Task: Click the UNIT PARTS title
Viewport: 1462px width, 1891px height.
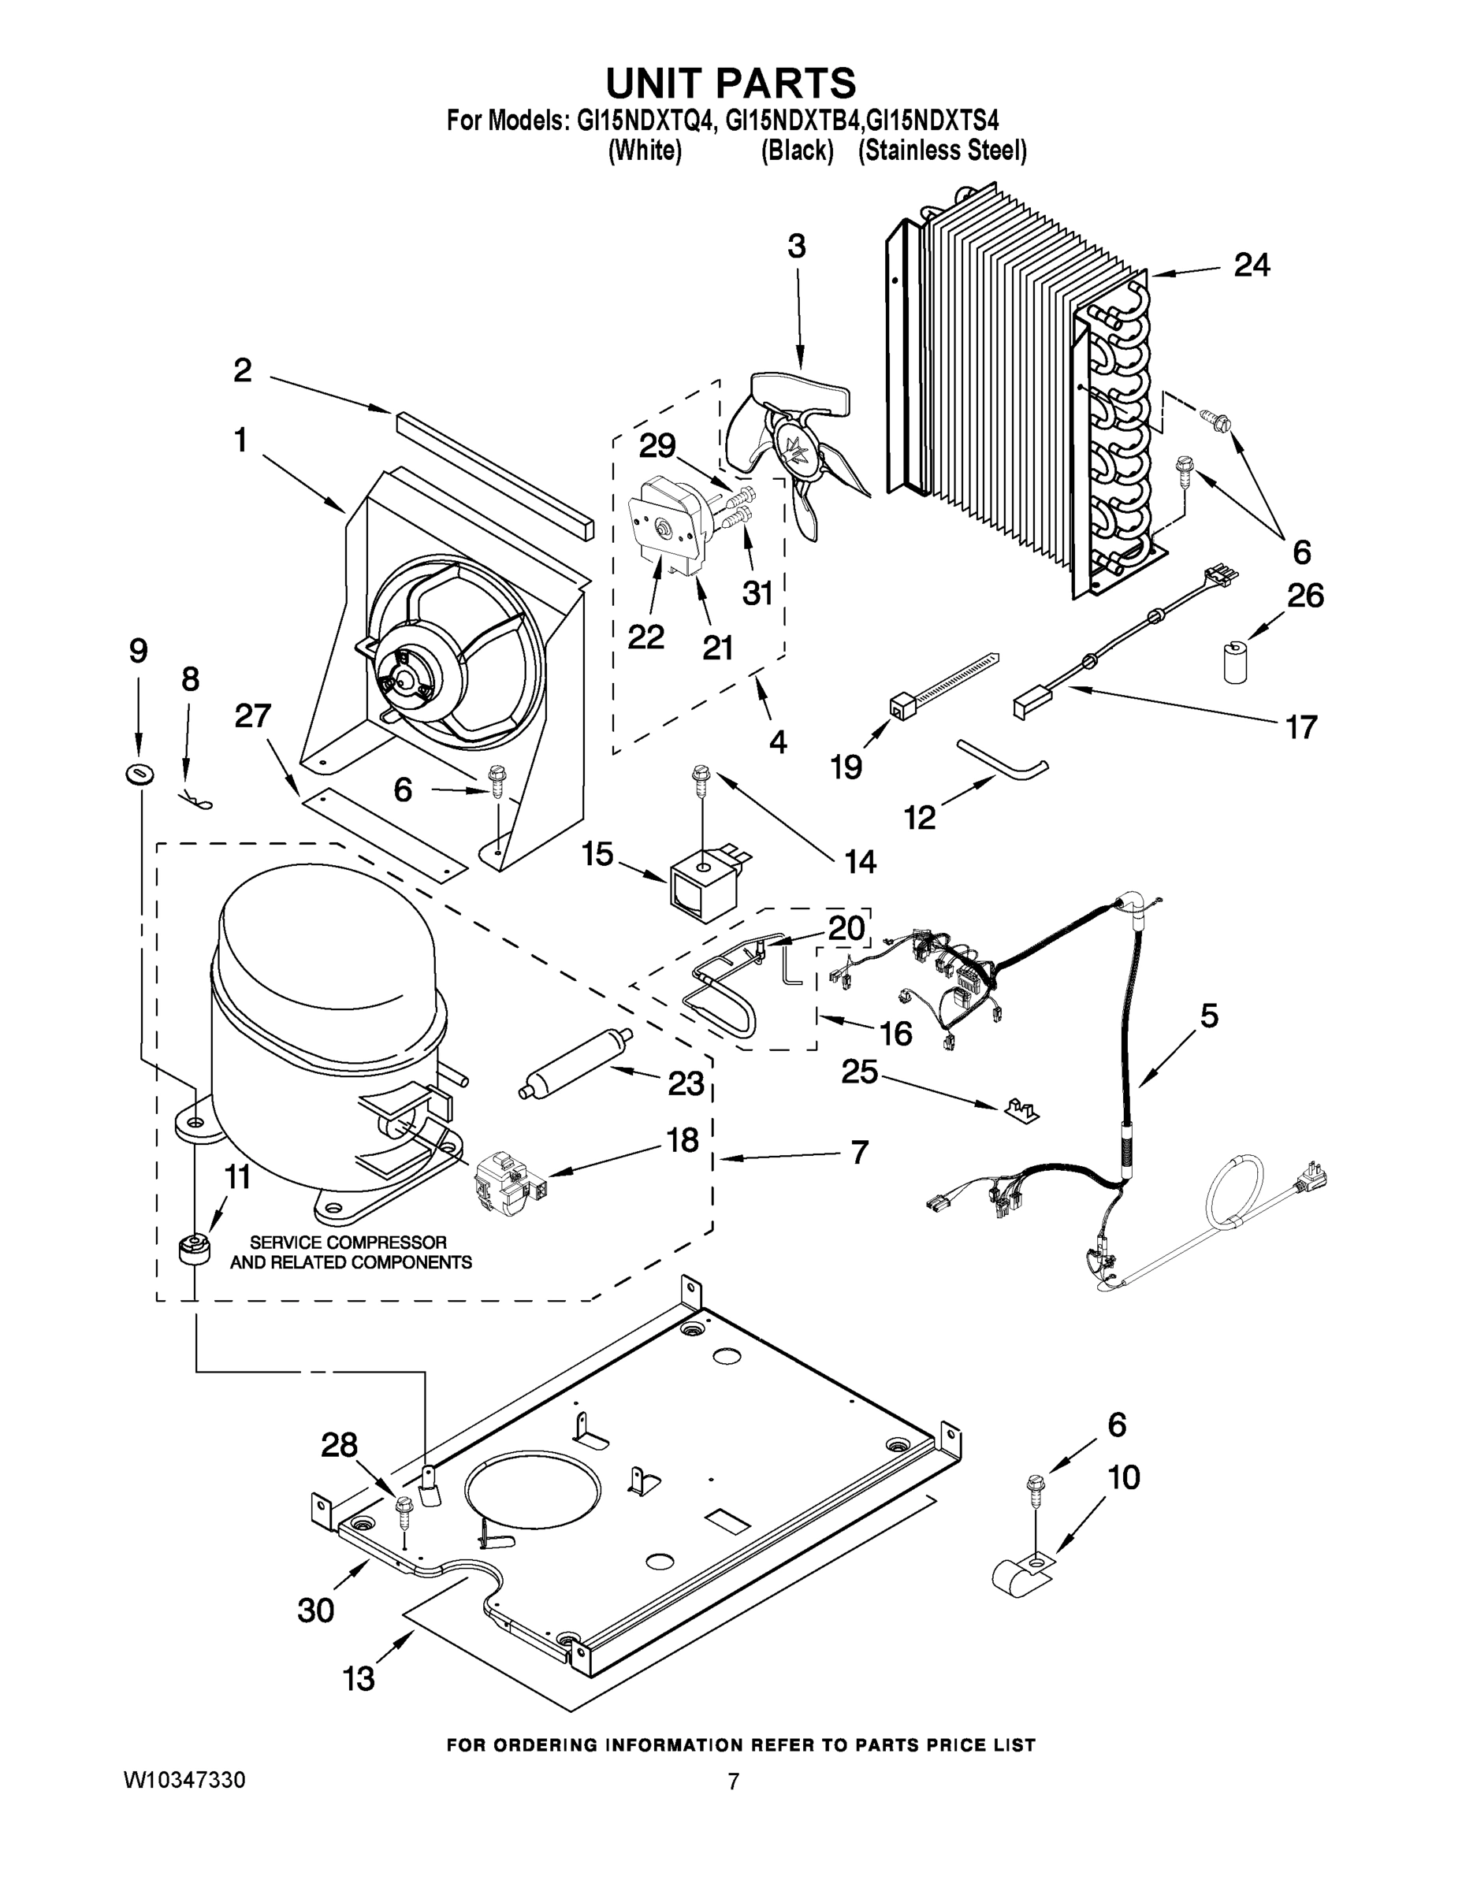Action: [730, 84]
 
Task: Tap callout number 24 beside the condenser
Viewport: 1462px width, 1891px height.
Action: [1252, 265]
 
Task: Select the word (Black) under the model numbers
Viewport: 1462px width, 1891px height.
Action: [797, 150]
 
